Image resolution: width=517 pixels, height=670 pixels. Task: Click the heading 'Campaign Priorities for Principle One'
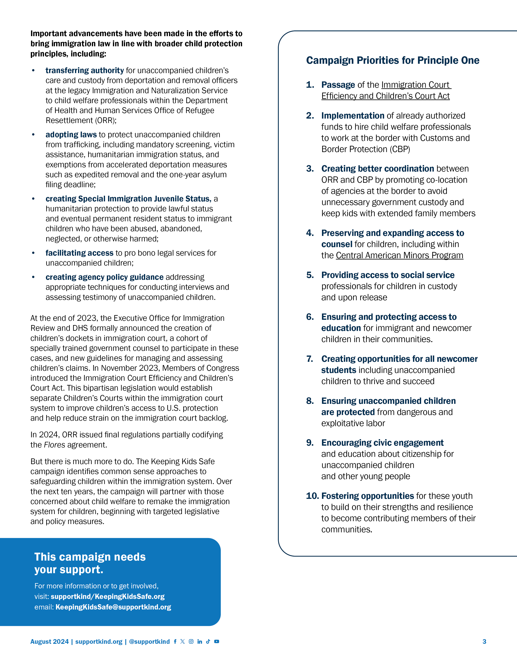(x=393, y=61)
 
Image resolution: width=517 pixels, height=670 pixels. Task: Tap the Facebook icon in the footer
(x=175, y=641)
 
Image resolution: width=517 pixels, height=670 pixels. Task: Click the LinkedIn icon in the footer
(x=200, y=641)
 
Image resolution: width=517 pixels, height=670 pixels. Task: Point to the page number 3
(x=484, y=641)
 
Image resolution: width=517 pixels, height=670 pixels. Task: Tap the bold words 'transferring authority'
(x=85, y=71)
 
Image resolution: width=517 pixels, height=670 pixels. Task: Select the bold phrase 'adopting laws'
(x=71, y=135)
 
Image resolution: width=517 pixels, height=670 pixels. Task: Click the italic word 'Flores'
(x=55, y=445)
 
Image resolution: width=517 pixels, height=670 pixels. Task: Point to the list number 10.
(x=312, y=496)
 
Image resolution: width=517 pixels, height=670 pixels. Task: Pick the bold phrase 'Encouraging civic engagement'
(x=382, y=443)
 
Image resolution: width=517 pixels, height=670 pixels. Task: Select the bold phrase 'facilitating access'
(x=79, y=253)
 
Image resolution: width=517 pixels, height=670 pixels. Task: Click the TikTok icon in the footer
(x=208, y=641)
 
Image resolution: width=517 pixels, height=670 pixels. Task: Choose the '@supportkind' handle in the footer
(x=149, y=641)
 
